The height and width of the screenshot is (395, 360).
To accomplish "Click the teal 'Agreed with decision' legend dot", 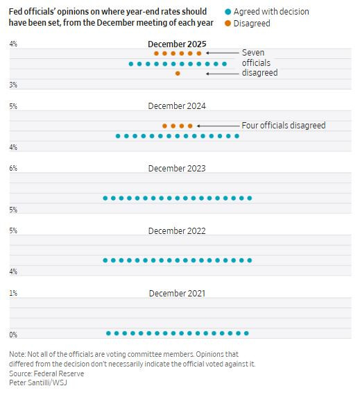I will (228, 12).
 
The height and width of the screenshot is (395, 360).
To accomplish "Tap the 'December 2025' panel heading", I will (177, 44).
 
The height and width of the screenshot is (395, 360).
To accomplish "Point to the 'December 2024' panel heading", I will (177, 106).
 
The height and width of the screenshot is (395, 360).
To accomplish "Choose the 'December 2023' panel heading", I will (177, 169).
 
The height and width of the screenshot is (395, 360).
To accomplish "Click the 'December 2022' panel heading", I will (177, 230).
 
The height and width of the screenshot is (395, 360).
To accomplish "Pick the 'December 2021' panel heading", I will (177, 293).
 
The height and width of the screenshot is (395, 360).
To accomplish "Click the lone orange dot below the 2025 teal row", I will (178, 74).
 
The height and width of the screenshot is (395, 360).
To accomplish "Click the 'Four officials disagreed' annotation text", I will (283, 126).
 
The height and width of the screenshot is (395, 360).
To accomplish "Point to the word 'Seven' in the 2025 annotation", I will (253, 53).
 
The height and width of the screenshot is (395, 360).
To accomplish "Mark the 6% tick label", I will (12, 169).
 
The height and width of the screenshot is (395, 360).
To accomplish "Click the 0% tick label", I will (12, 335).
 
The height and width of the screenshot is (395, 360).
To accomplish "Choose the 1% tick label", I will (12, 293).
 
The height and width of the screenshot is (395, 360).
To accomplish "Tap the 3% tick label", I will (12, 85).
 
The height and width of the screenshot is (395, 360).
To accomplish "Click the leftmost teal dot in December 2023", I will (105, 199).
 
